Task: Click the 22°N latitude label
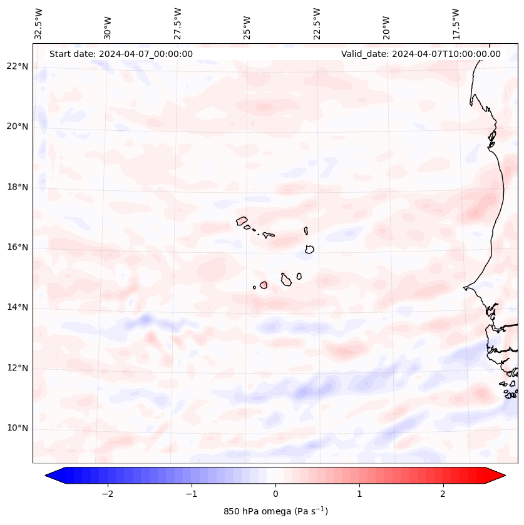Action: [18, 66]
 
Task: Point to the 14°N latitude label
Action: [18, 307]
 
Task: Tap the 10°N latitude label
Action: [18, 428]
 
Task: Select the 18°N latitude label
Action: [18, 187]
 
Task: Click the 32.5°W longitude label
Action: [39, 23]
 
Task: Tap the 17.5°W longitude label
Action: [456, 23]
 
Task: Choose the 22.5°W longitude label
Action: [317, 23]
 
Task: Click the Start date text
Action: [121, 54]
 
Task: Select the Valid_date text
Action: [421, 54]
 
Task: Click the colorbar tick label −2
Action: [107, 494]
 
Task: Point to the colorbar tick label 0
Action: [275, 494]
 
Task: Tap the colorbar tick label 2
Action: [443, 494]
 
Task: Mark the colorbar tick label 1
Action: [359, 494]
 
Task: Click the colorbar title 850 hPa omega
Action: [275, 511]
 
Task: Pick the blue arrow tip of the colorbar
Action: [51, 476]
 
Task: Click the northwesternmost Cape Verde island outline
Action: [242, 220]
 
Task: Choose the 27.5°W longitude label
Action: [178, 23]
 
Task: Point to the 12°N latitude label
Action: [18, 368]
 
